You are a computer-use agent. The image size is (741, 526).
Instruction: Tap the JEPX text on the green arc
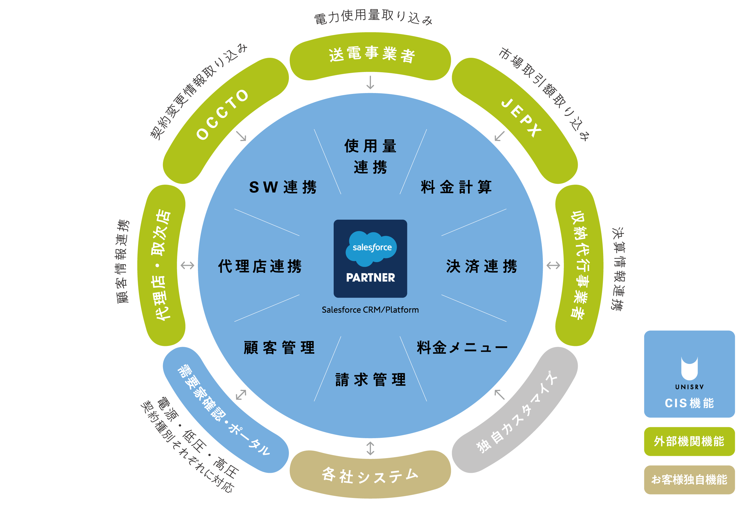pos(521,118)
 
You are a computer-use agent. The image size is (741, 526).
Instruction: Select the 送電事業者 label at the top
pos(372,55)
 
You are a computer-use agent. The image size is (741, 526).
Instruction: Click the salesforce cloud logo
pos(371,248)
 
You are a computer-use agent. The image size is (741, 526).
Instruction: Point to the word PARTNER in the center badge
pos(370,277)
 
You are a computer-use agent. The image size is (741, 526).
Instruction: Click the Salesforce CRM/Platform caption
pos(370,310)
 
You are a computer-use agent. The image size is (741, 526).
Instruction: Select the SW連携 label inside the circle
pos(283,187)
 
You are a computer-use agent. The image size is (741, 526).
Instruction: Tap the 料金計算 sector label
pos(456,187)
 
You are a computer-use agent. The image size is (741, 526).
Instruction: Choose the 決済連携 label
pos(482,266)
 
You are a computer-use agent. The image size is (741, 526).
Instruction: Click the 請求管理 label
pos(370,379)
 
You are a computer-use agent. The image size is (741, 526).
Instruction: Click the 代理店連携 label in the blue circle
pos(260,266)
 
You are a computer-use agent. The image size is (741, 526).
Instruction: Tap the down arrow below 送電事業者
pos(370,83)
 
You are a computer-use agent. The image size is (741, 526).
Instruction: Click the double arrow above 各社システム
pos(370,448)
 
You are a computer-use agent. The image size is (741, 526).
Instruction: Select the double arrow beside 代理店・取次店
pos(187,266)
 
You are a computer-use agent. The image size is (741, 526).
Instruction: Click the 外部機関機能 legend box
pos(689,441)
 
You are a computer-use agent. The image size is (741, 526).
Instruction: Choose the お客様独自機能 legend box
pos(689,480)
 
